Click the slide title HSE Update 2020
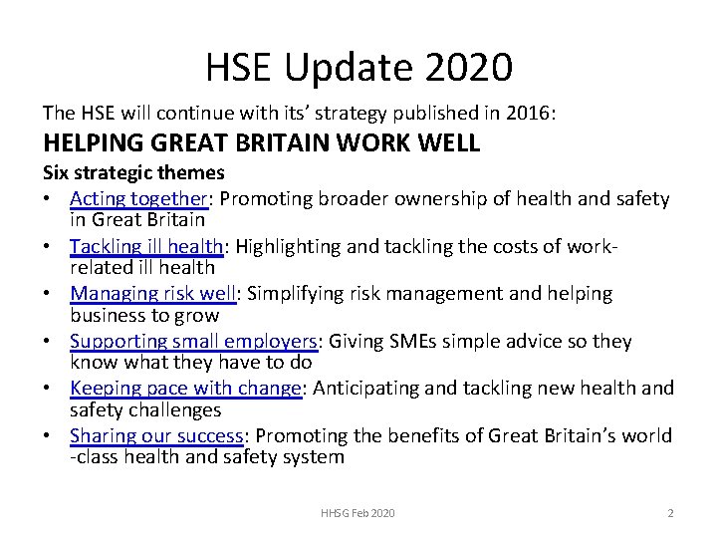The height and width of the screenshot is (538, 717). pos(358,68)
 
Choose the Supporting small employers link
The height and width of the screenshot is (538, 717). pos(193,342)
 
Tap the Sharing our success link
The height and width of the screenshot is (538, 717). pos(156,436)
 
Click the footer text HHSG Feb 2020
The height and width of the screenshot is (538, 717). pos(358,512)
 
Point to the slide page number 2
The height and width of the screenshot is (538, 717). pos(670,512)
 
